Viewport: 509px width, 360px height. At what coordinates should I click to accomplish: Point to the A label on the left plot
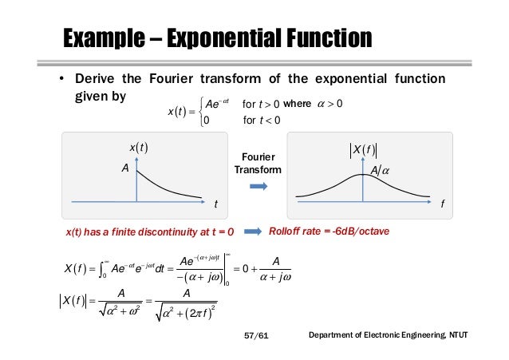pyautogui.click(x=124, y=168)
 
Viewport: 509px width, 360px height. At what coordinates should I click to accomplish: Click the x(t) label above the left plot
pyautogui.click(x=138, y=147)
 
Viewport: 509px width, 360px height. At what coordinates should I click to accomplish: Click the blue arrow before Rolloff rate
pyautogui.click(x=253, y=231)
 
